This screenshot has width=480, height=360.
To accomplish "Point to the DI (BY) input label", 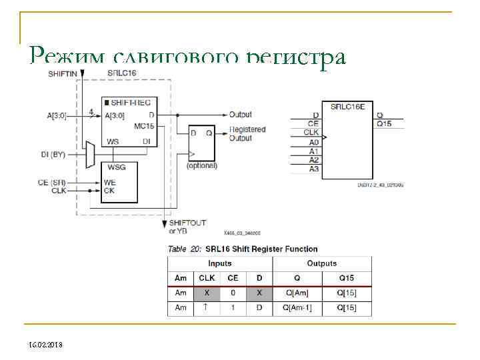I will [x=63, y=155].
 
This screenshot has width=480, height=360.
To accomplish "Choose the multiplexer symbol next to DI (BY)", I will [x=90, y=155].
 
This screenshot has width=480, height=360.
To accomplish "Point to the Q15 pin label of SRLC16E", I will [x=385, y=123].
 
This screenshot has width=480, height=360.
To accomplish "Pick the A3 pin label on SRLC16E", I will [x=314, y=169].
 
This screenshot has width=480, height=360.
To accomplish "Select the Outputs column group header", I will [x=321, y=263].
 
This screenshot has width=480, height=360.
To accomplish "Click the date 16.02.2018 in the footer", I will [x=45, y=344].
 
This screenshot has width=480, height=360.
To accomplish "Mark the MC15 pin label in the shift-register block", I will [x=143, y=125].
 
